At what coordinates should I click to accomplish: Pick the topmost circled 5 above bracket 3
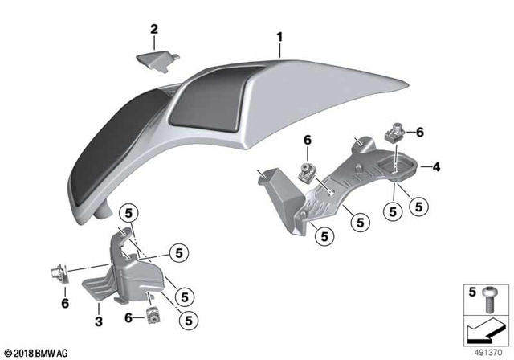(x=128, y=213)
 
